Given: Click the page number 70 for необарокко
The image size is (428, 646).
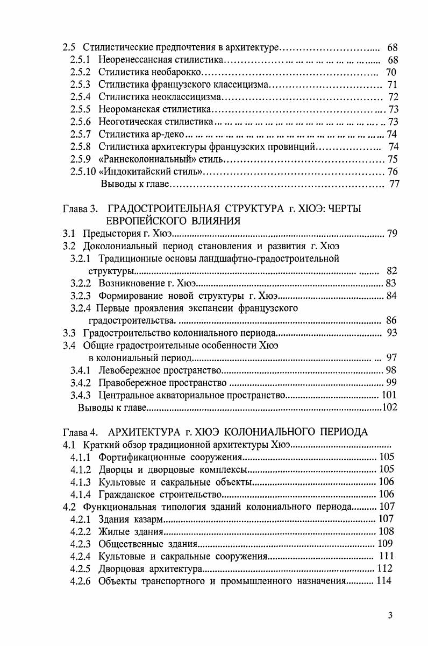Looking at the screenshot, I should pos(391,72).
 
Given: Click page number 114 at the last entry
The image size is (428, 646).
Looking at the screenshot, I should pos(385,581).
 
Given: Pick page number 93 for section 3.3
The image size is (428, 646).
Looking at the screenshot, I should pos(391,333).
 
